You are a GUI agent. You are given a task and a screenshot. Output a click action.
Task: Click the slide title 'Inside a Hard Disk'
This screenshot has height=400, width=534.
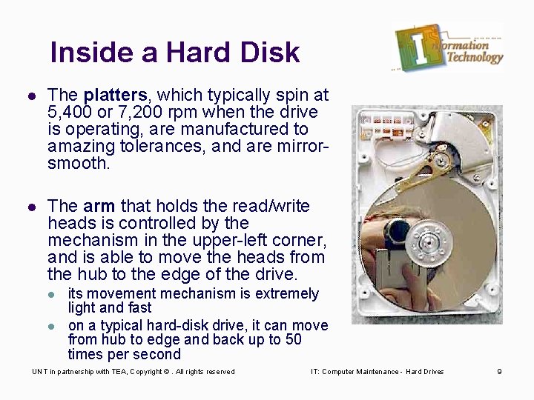coord(175,53)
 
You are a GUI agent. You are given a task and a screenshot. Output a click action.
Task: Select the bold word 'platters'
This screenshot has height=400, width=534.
coord(115,96)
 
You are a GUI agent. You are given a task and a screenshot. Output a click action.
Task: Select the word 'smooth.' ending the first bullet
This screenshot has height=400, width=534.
coord(78,164)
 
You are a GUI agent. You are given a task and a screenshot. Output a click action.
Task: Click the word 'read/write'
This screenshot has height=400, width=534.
coord(269,207)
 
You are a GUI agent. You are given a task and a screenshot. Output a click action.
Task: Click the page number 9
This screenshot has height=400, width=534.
coord(499,372)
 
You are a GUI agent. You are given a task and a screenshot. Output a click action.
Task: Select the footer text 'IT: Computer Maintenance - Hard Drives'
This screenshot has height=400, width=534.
coord(378,372)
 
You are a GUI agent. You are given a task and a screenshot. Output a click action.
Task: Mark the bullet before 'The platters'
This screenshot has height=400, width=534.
coord(30,96)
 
